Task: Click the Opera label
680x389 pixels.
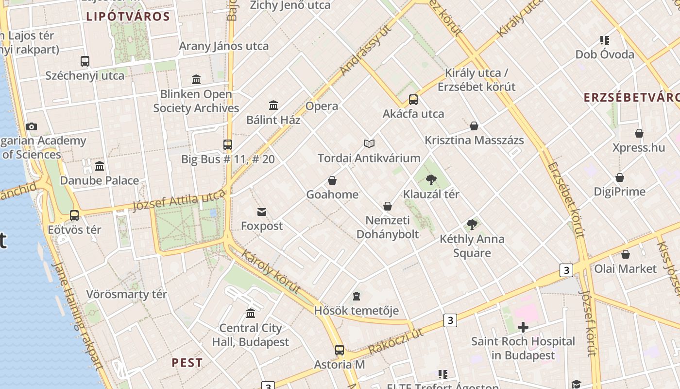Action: tap(322, 106)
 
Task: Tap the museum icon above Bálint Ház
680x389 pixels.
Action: tap(273, 105)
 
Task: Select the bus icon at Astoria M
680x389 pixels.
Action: tap(340, 350)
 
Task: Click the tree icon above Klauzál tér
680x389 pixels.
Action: tap(431, 180)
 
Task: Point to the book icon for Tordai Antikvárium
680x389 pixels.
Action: tap(369, 143)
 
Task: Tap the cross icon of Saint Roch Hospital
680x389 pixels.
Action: tap(523, 327)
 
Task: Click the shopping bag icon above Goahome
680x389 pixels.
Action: tap(332, 180)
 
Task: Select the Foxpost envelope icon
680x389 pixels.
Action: tap(262, 212)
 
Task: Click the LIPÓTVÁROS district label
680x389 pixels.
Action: tap(128, 17)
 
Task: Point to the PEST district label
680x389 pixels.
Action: tap(187, 363)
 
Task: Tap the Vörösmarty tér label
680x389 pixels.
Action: tap(126, 294)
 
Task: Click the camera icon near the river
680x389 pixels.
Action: tap(32, 127)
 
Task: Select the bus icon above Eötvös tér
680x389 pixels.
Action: tap(74, 215)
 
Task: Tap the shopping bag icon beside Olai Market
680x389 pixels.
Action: tap(626, 254)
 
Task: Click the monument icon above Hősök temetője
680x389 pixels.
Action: tap(357, 296)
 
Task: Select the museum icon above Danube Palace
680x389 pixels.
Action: tap(100, 166)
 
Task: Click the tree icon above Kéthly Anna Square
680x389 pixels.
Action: tap(472, 224)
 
